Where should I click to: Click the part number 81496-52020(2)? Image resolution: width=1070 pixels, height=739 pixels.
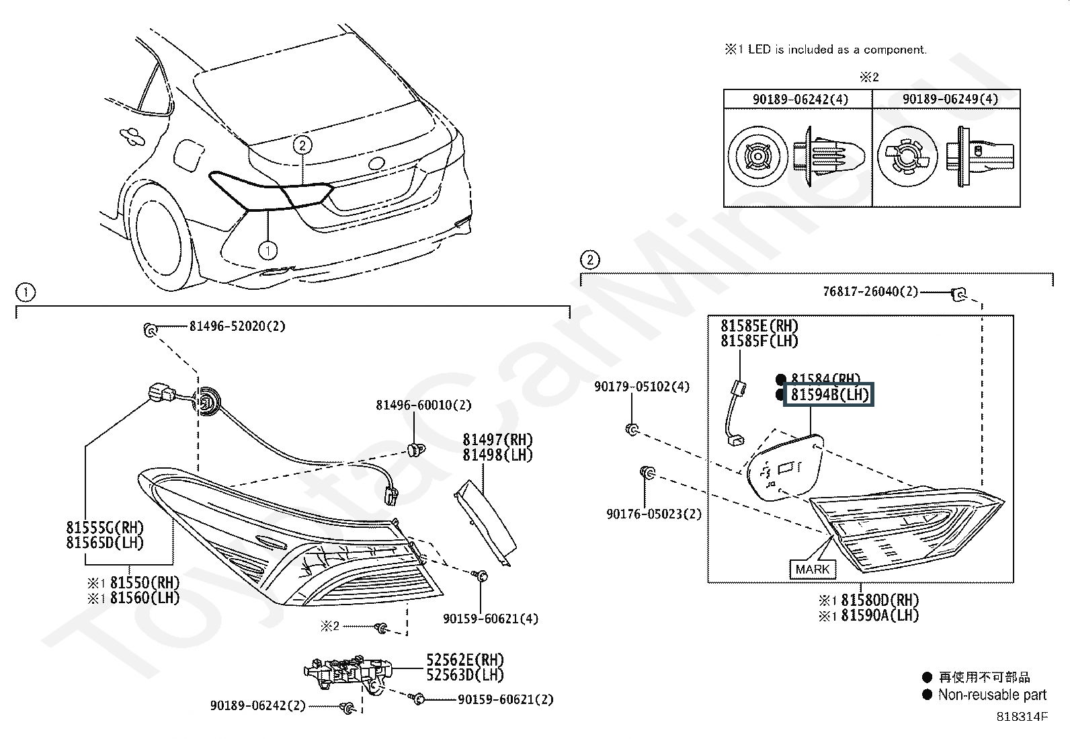click(237, 327)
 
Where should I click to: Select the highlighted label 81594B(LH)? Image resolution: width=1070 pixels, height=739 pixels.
click(829, 394)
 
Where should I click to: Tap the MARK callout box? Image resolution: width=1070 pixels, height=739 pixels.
click(813, 570)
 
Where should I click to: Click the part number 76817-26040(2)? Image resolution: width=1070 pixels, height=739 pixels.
click(870, 292)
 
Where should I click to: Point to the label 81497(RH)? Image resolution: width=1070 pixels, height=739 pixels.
click(497, 440)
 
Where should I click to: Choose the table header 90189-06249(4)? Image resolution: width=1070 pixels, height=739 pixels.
click(950, 99)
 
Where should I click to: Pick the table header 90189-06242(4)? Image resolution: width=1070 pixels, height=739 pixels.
click(800, 100)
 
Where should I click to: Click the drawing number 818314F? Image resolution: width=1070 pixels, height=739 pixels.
click(1022, 717)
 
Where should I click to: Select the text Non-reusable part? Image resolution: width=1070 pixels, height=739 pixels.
click(992, 695)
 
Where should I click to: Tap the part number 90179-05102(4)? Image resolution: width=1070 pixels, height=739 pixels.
click(642, 387)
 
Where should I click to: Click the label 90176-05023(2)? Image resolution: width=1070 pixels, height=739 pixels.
click(654, 514)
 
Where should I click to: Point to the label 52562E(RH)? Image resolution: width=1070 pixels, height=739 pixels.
click(465, 660)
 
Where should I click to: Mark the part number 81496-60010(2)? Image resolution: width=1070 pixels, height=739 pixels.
click(423, 405)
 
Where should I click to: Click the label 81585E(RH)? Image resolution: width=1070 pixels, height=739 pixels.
click(759, 326)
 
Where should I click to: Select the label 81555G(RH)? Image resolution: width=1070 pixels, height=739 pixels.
click(105, 528)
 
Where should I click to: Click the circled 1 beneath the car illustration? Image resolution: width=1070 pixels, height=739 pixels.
click(267, 250)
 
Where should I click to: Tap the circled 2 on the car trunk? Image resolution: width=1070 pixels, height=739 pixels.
click(302, 145)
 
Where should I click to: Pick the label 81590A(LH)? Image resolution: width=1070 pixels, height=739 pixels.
click(880, 615)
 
